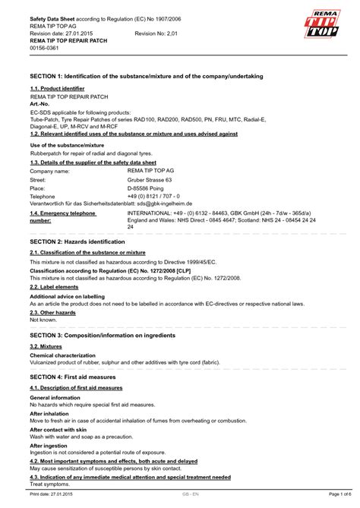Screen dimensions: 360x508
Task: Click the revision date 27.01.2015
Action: coord(81,35)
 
